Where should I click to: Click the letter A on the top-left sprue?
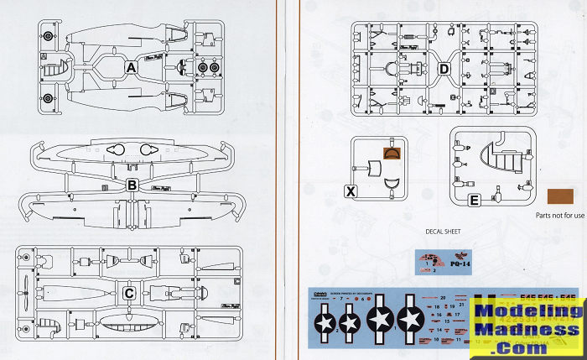click(132, 66)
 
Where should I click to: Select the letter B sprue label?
click(132, 184)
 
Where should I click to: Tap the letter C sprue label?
click(129, 293)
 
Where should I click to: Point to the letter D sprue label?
click(444, 68)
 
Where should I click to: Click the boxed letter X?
click(351, 191)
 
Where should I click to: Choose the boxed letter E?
click(475, 201)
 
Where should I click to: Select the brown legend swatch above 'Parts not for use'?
click(559, 196)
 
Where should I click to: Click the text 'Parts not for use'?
click(557, 215)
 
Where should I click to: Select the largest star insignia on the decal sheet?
click(410, 319)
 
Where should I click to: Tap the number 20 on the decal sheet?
click(442, 298)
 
